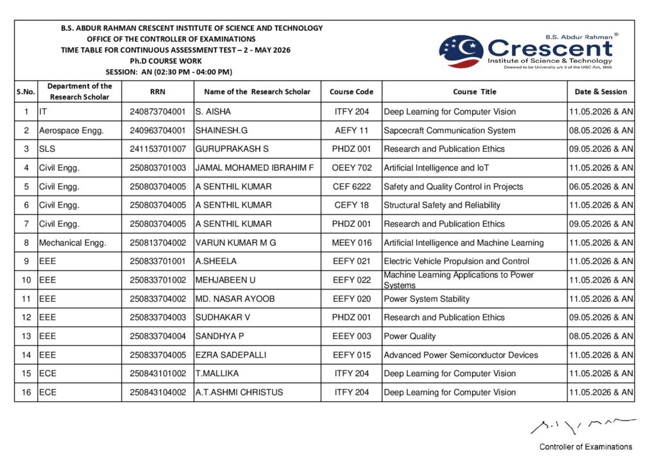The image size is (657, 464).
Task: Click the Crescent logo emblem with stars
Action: click(461, 52)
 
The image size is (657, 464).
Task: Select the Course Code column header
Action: click(351, 92)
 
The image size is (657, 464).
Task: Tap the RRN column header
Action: click(157, 92)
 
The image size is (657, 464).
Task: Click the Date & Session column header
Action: click(601, 92)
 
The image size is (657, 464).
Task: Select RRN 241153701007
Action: click(157, 149)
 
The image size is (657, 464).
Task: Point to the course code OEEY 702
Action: click(352, 168)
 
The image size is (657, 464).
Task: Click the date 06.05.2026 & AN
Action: click(601, 186)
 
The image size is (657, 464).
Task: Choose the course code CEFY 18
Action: click(352, 205)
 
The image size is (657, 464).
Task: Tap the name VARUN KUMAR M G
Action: click(235, 243)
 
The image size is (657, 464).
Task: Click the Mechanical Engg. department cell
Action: click(73, 243)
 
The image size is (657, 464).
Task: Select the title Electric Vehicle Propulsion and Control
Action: click(456, 261)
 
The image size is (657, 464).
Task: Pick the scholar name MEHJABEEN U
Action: click(225, 280)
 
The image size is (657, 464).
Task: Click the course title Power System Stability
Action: click(427, 299)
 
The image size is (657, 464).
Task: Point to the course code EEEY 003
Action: click(352, 336)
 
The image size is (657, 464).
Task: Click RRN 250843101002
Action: click(157, 374)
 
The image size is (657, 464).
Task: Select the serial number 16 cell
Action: click(26, 392)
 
